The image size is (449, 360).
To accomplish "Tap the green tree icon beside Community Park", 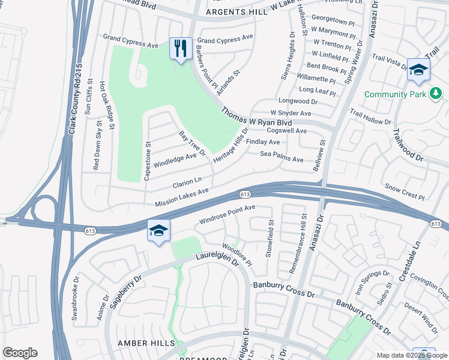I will [436, 94].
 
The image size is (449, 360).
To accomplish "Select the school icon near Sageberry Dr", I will [159, 231].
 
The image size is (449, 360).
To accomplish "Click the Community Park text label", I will [395, 94].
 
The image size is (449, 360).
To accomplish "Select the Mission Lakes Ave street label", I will [181, 197].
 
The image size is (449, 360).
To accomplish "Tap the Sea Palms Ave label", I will [282, 157].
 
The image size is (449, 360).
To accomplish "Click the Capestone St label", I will [147, 159].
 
